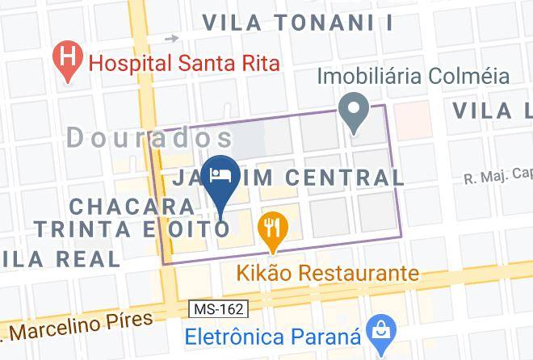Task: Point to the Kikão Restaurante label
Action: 328,273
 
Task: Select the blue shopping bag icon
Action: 378,329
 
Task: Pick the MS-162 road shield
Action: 216,309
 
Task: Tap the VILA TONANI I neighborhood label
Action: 297,23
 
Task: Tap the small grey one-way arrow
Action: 170,38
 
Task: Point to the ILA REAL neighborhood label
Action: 61,258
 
